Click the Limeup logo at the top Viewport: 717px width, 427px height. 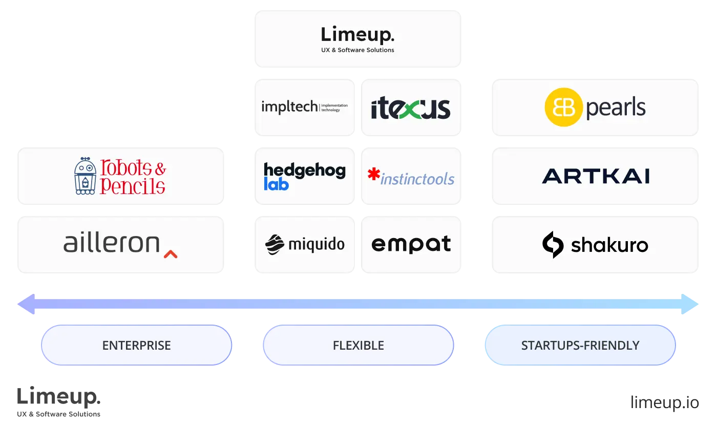click(x=357, y=35)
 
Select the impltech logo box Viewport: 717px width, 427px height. click(x=305, y=107)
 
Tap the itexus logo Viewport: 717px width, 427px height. click(x=411, y=108)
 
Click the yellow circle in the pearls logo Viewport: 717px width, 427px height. click(x=563, y=107)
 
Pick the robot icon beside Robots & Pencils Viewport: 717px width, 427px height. click(x=86, y=176)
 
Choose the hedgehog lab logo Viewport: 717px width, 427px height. click(x=305, y=176)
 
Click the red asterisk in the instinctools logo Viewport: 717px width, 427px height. click(x=374, y=175)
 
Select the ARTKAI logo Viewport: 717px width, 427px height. click(x=596, y=176)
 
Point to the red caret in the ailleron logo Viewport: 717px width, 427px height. click(x=171, y=253)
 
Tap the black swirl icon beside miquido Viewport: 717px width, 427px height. click(x=275, y=244)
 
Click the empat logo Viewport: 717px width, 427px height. click(x=411, y=244)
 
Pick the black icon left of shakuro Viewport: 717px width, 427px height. click(x=553, y=245)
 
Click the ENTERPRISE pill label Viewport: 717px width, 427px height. click(x=136, y=346)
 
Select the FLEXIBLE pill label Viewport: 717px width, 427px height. click(x=358, y=346)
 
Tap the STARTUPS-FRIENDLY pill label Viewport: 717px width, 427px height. click(x=580, y=346)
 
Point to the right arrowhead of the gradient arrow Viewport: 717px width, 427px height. click(x=691, y=304)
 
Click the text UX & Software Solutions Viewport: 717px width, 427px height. click(x=357, y=50)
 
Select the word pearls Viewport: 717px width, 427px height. click(x=616, y=108)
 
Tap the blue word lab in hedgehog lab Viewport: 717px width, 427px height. click(x=277, y=184)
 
